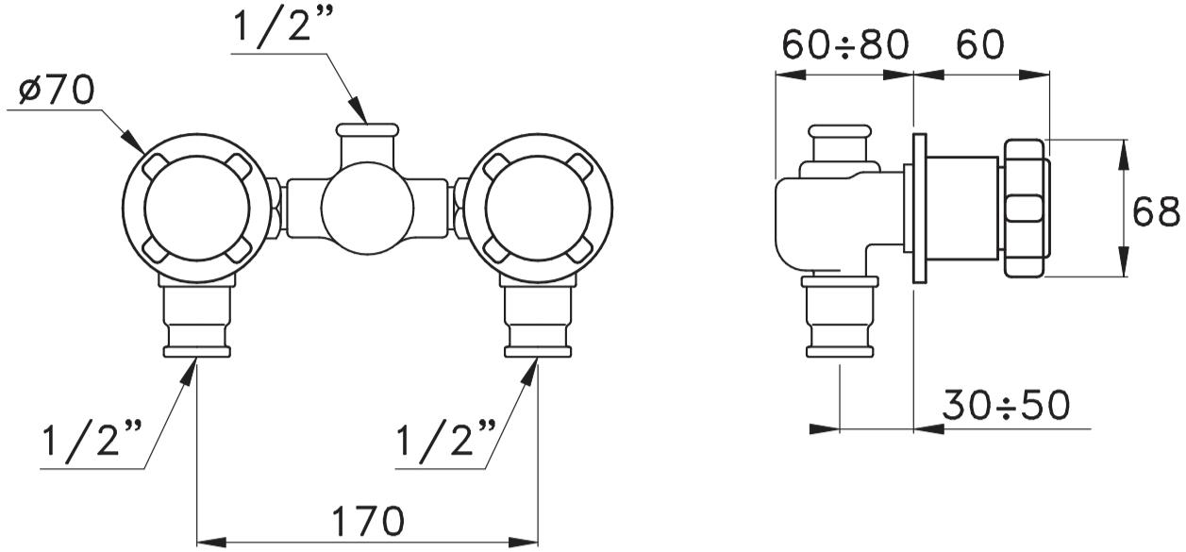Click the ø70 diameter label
[57, 90]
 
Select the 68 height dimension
[1157, 211]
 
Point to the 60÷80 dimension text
[845, 44]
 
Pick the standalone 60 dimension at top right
[980, 44]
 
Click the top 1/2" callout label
[283, 26]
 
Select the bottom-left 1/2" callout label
[92, 439]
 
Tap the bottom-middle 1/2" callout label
[446, 439]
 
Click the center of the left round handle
[197, 209]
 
